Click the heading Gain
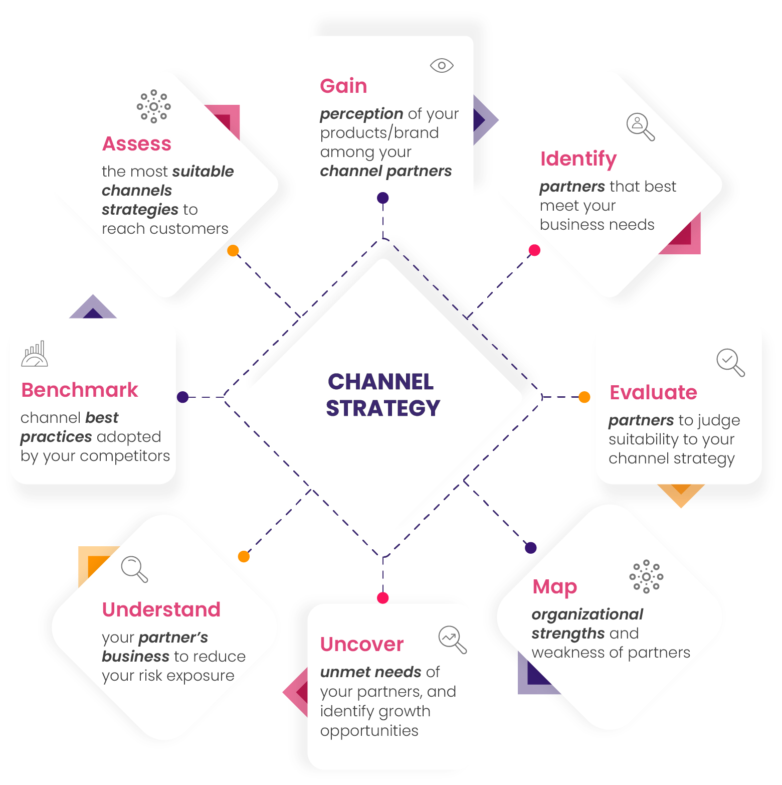tap(343, 86)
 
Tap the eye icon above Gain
tap(442, 66)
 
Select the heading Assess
tap(137, 144)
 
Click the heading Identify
tap(578, 159)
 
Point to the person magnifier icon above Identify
tap(640, 126)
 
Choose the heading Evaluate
tap(653, 392)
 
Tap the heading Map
tap(555, 586)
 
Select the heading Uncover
tap(362, 645)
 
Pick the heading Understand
tap(161, 610)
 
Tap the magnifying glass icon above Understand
tap(134, 569)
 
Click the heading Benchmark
tap(80, 390)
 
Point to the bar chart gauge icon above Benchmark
tap(35, 354)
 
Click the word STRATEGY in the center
tap(383, 408)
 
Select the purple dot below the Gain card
tap(383, 198)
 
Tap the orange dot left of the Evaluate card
tap(584, 397)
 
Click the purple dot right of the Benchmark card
tap(183, 397)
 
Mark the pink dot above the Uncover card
tap(383, 598)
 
